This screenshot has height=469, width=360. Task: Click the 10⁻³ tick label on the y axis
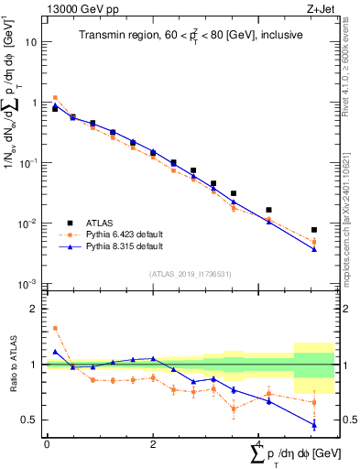(29, 284)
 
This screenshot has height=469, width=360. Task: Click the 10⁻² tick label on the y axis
(29, 224)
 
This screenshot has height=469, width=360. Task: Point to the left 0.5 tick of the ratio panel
(31, 420)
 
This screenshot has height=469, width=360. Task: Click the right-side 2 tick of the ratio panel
(344, 309)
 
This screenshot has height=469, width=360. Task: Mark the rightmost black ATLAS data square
(314, 230)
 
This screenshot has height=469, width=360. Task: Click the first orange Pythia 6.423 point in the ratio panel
(55, 328)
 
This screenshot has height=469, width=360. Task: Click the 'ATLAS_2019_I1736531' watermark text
(190, 274)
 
